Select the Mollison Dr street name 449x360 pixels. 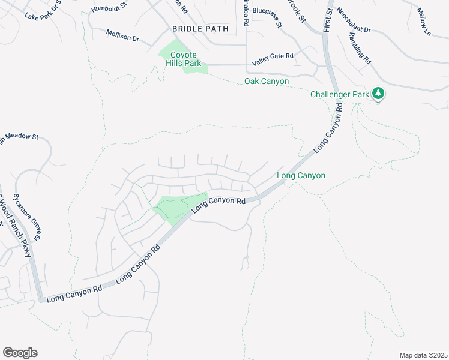pyautogui.click(x=122, y=35)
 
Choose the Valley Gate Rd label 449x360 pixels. pyautogui.click(x=273, y=56)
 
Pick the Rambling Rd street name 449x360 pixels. pyautogui.click(x=360, y=48)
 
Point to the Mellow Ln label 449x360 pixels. pyautogui.click(x=424, y=22)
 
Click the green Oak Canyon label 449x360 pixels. pyautogui.click(x=267, y=82)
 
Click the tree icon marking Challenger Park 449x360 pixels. pyautogui.click(x=378, y=94)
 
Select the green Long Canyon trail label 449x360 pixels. pyautogui.click(x=301, y=176)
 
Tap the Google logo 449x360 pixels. pyautogui.click(x=20, y=352)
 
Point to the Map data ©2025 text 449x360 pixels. pyautogui.click(x=423, y=355)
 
